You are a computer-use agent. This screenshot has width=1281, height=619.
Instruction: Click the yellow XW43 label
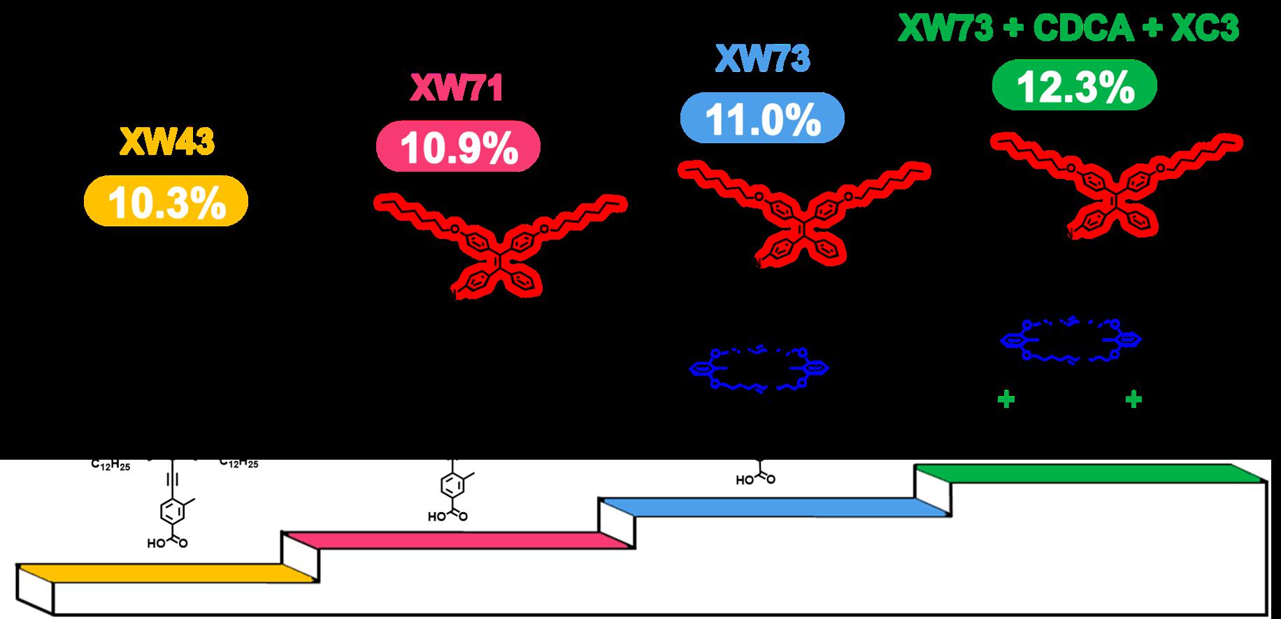coord(167,143)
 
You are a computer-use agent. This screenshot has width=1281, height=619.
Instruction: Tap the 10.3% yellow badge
coord(166,201)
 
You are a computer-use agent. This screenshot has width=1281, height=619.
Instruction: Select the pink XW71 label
coord(458,89)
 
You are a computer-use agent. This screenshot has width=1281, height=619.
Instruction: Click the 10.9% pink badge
coord(458,148)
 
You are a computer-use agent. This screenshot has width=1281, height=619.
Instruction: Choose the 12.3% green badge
coord(1075,85)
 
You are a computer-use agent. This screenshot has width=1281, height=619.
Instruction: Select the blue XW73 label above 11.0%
coord(762,59)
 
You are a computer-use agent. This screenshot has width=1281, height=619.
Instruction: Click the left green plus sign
coord(1006,400)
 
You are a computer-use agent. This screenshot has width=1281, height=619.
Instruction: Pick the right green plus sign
coord(1133,400)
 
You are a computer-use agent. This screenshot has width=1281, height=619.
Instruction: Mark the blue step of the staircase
coord(769,507)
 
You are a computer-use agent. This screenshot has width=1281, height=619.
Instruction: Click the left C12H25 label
coord(110,464)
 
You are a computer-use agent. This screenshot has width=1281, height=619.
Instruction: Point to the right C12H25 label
coord(238,463)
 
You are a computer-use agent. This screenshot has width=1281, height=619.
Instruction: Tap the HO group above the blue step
coord(743,481)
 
